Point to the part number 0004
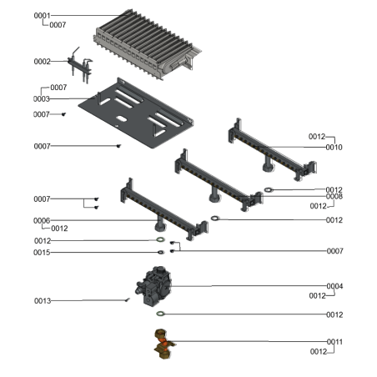coord(334,286)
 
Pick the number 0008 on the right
coord(334,197)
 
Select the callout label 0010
coord(334,148)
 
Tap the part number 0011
coord(334,342)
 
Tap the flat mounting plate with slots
coord(133,113)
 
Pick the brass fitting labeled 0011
coord(162,342)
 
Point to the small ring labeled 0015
coord(158,252)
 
